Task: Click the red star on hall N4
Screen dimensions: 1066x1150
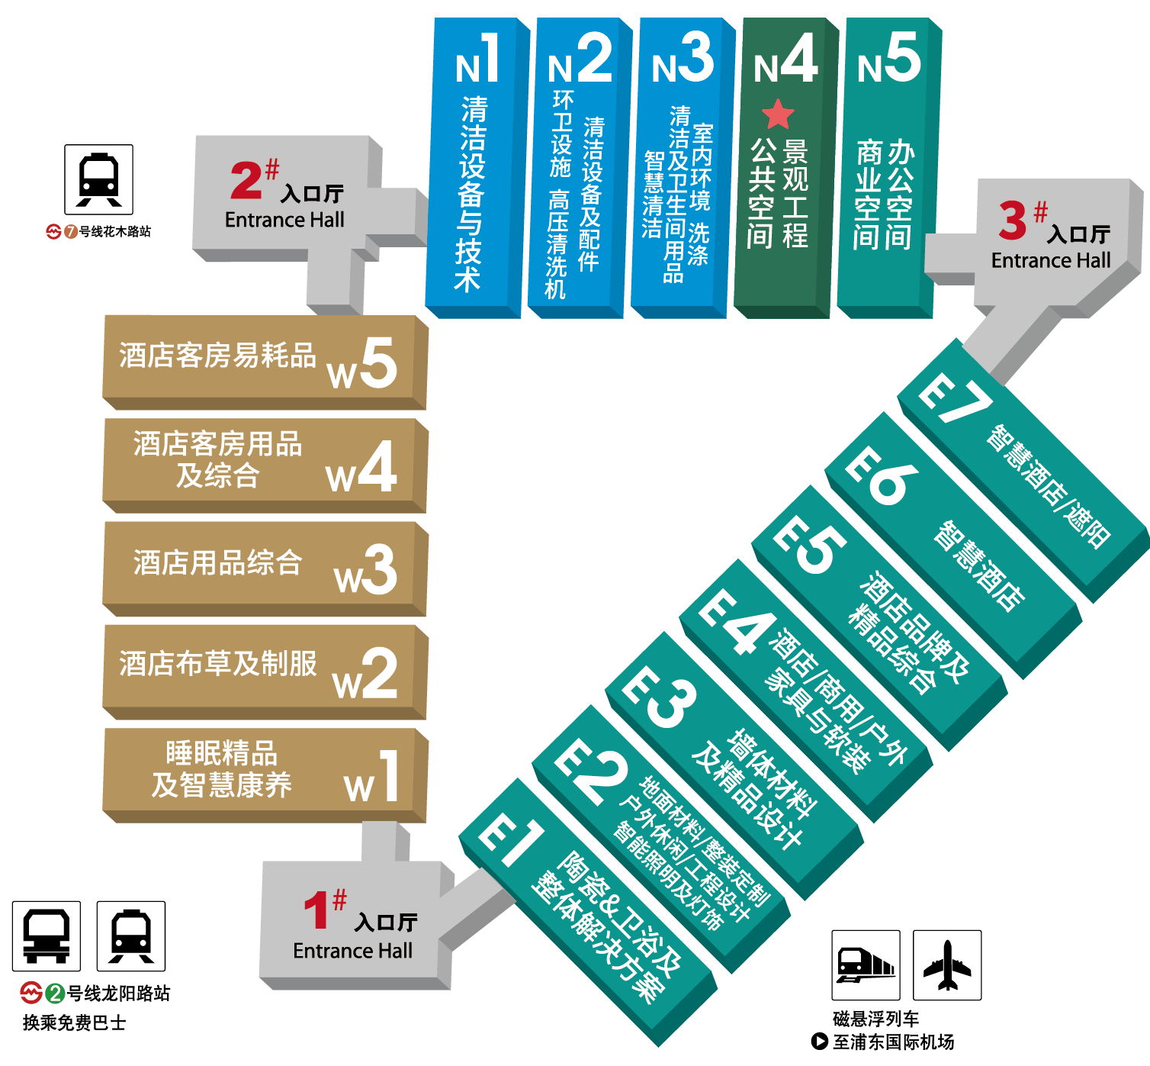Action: click(778, 114)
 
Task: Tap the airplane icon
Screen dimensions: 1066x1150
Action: click(947, 965)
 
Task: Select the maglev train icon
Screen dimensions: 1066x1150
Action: click(866, 965)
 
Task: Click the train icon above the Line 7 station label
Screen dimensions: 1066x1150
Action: click(99, 179)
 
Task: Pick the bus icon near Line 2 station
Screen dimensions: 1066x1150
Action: click(47, 936)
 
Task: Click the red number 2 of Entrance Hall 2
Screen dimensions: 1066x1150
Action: click(246, 180)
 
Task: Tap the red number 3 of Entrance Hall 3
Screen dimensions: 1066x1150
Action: click(1013, 221)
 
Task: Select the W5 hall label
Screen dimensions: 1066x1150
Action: click(362, 365)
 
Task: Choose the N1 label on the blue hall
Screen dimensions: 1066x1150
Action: click(477, 60)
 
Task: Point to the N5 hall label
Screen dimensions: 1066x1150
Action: click(888, 60)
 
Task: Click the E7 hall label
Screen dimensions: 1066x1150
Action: click(954, 397)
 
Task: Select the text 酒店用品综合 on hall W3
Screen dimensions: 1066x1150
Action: click(218, 563)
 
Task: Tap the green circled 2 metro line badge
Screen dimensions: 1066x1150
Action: click(55, 993)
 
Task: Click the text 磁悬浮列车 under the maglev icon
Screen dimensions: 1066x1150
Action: click(875, 1019)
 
